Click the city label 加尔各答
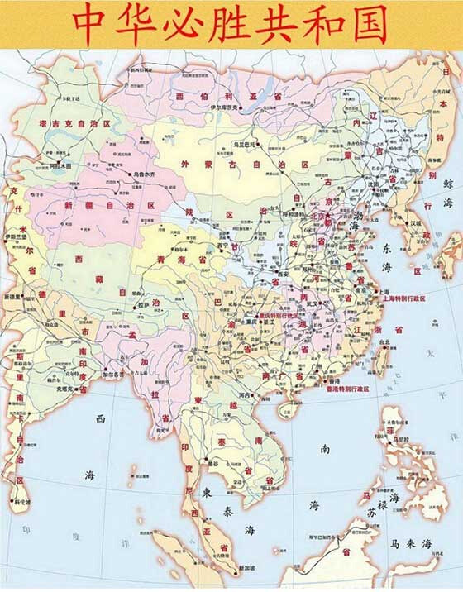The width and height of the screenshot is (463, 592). [x=113, y=373]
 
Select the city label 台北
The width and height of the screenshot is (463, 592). [x=382, y=340]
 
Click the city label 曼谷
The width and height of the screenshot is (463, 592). [x=212, y=464]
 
